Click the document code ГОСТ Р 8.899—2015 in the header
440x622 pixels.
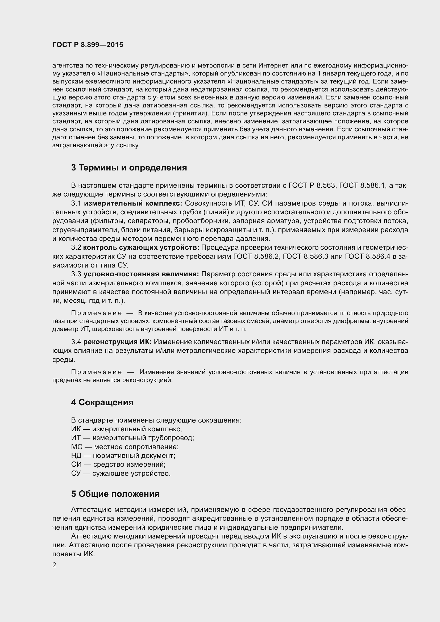coord(88,45)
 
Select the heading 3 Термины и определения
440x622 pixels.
coord(129,168)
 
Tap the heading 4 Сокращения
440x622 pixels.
coord(102,402)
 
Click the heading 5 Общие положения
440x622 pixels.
coord(115,494)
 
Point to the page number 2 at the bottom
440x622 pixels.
coord(54,565)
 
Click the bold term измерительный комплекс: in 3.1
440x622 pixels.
coord(133,203)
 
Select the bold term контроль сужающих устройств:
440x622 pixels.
coord(141,247)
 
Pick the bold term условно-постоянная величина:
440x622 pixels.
coord(141,274)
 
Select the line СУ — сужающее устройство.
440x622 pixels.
coord(121,474)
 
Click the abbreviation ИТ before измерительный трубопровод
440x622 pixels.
coord(76,438)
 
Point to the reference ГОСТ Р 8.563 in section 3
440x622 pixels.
coord(312,186)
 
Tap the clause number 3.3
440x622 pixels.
coord(76,274)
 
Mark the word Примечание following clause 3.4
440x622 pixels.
coord(97,372)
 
